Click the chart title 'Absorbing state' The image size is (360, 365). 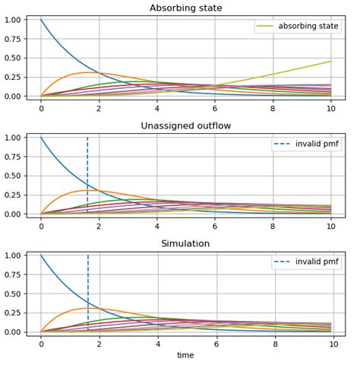point(186,8)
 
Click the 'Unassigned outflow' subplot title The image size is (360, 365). point(186,126)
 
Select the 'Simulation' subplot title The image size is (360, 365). point(186,244)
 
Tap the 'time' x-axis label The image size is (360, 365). point(186,355)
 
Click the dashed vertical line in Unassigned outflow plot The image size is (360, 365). point(87,167)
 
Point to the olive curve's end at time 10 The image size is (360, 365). point(331,62)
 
